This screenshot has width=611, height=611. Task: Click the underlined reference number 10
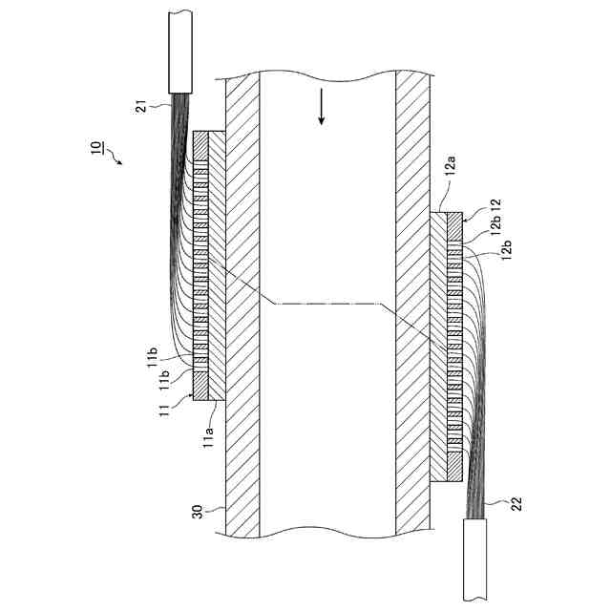(98, 148)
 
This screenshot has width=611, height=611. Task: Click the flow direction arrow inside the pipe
(322, 107)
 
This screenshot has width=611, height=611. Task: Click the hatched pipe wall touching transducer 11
(243, 286)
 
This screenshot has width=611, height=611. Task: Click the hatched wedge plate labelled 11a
(216, 267)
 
